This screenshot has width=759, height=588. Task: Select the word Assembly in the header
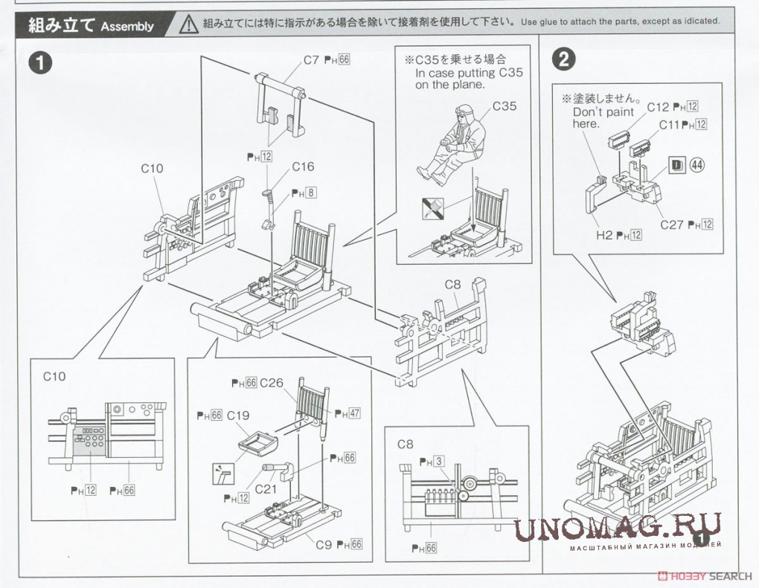coord(127,27)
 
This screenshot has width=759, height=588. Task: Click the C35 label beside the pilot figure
coord(504,106)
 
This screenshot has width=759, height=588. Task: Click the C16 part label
coord(303,167)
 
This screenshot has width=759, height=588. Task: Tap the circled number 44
coord(697,165)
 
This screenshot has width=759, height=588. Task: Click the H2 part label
coord(603,235)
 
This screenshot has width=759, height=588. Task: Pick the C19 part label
coord(238,415)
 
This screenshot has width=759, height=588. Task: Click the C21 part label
coord(266,490)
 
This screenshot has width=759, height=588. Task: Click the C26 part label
coord(272,383)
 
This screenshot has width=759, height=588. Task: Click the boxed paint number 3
coord(439,462)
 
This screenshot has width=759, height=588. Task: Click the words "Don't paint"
coord(603,112)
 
